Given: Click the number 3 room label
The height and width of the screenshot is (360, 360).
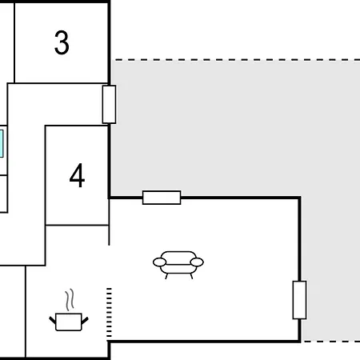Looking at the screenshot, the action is click(62, 42).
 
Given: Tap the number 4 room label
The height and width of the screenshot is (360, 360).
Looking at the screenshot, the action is click(77, 175).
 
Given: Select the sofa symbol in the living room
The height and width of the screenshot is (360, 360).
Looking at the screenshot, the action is click(178, 265).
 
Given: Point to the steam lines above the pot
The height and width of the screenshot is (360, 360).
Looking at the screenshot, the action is click(70, 300).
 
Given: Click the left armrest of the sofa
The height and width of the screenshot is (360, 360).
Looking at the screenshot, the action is click(159, 262).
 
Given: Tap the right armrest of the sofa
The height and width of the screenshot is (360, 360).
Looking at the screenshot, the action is click(197, 262).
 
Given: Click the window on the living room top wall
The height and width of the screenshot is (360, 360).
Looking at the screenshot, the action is click(162, 198).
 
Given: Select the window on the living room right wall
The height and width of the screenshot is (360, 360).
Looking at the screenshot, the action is click(299, 300).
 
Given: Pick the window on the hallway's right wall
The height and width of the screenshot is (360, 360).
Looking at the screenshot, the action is click(109, 105).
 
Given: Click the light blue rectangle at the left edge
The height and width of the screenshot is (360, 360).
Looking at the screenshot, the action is click(2, 143).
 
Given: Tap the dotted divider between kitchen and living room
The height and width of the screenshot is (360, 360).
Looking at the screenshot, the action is click(109, 313).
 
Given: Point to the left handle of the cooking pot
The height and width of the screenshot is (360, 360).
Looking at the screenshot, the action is click(53, 320).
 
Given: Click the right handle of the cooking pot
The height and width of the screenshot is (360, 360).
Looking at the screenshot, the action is click(85, 321).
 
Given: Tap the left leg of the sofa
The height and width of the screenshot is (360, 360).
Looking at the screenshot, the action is click(166, 276).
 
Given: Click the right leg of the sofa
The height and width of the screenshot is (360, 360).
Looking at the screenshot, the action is click(191, 276).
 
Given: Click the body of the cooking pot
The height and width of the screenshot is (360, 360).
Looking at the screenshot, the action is click(69, 322).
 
